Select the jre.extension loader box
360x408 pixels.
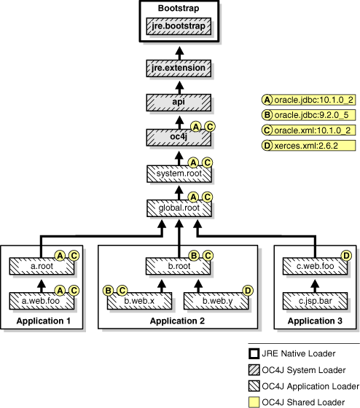pyautogui.click(x=179, y=68)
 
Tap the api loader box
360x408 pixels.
pyautogui.click(x=179, y=101)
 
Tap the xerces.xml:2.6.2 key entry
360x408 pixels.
pyautogui.click(x=309, y=146)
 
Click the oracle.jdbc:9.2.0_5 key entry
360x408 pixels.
pyautogui.click(x=309, y=114)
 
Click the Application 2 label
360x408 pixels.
pyautogui.click(x=178, y=321)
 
